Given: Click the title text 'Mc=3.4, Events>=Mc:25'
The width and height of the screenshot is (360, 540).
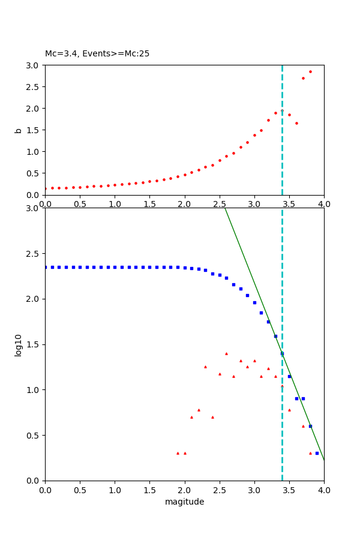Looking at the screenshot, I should [x=97, y=54].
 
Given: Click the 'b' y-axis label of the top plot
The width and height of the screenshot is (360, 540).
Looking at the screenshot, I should [x=19, y=130].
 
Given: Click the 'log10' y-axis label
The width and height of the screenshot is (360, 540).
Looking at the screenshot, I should [x=19, y=345].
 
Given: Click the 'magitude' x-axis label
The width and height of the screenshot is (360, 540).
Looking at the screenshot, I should [x=184, y=502].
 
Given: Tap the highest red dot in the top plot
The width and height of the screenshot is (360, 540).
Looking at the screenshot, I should [x=310, y=71].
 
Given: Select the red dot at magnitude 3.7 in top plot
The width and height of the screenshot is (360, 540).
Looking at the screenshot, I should [x=303, y=78].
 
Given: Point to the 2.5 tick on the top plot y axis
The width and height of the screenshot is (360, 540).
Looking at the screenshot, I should [x=33, y=86].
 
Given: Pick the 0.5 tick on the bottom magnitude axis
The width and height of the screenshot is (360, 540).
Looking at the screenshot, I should [x=80, y=490].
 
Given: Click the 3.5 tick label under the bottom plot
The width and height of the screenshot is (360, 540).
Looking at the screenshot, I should [x=289, y=490].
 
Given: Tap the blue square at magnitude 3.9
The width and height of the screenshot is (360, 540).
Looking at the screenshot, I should [x=317, y=453].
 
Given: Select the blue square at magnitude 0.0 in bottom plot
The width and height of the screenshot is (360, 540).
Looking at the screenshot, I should [x=46, y=267].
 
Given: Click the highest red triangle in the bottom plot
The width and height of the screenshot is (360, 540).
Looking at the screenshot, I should [x=226, y=353].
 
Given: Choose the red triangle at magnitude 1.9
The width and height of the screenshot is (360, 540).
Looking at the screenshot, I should [x=178, y=453].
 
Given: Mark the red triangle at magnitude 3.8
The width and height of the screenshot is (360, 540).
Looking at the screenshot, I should [x=310, y=453].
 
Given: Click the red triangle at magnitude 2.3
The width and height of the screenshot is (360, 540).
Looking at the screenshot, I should [x=205, y=367].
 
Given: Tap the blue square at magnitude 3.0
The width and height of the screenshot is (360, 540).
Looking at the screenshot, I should [x=254, y=302].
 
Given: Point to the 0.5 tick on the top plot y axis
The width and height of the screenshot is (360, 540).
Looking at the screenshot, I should [x=33, y=173].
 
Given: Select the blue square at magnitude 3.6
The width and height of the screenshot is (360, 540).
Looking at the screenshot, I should [x=296, y=398].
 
